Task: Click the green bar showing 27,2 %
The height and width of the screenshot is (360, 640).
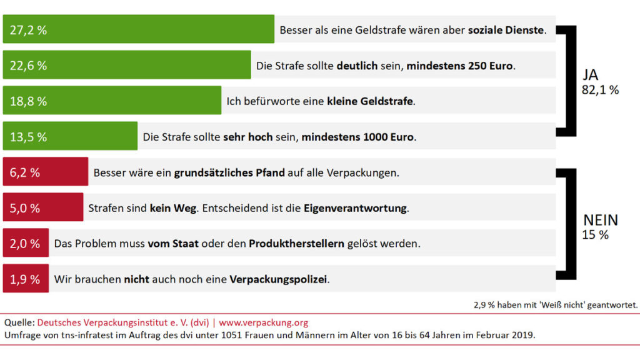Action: [x=138, y=29]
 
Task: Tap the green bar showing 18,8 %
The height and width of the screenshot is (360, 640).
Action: [x=112, y=101]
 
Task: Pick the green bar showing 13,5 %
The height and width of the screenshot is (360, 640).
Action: [x=70, y=136]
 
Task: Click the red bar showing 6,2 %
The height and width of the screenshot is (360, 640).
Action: [x=46, y=172]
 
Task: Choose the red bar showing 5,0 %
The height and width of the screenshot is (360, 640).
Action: [x=43, y=207]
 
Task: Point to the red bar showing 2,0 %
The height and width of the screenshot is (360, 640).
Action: [x=26, y=243]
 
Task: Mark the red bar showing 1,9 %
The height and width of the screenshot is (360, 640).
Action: [x=26, y=279]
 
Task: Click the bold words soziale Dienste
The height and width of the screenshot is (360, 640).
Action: [x=506, y=29]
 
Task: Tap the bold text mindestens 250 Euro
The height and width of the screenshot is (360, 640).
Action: [x=459, y=65]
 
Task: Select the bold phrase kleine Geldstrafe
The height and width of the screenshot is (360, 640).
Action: [x=369, y=101]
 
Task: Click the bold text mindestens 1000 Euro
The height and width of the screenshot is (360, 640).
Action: [x=357, y=136]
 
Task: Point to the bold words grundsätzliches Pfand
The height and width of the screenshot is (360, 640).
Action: [x=229, y=172]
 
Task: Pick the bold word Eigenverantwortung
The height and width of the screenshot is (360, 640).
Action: [x=355, y=208]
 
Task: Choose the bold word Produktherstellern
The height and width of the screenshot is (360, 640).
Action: [x=296, y=244]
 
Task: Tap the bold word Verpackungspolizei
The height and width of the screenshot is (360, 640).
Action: [x=278, y=279]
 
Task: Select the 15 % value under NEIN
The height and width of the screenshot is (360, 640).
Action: [x=594, y=235]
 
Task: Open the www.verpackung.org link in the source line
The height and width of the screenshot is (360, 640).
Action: [x=263, y=322]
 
